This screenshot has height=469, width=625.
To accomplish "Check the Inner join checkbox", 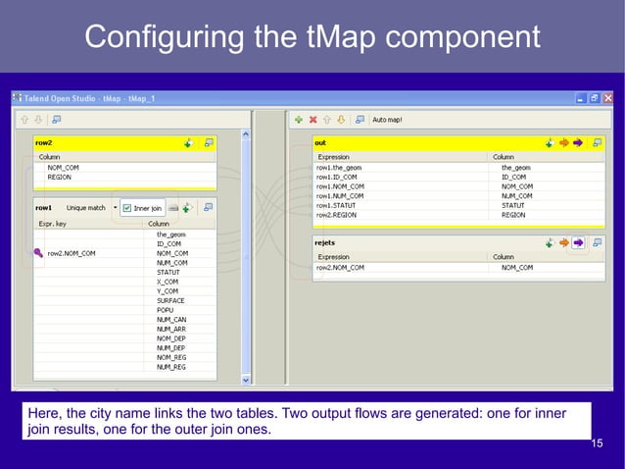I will [x=127, y=208].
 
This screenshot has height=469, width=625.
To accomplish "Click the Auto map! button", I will [x=387, y=119].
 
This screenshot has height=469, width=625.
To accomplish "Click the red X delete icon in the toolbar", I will [x=312, y=119].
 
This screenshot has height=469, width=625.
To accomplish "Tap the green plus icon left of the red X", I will [x=298, y=119].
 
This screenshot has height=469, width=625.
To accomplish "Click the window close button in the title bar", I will [x=608, y=99].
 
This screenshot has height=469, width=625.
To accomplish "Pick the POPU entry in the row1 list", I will [x=165, y=310].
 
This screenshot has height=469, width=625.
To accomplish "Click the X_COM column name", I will [x=168, y=282].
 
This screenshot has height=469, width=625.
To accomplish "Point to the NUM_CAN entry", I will [x=170, y=319].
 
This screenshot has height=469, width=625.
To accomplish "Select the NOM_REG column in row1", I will [x=171, y=357].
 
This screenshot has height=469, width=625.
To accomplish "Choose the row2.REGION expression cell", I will [x=337, y=214].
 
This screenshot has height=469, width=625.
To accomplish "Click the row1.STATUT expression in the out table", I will [x=336, y=205].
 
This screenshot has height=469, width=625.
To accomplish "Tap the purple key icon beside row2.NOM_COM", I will [x=38, y=253].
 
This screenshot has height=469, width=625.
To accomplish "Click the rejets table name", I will [x=325, y=241].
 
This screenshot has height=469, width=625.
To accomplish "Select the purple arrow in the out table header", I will [x=577, y=142].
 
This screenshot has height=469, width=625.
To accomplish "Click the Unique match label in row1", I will [x=86, y=208].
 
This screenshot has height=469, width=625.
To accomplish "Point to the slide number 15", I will [x=598, y=444].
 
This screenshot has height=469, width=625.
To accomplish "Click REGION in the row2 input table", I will [x=60, y=178].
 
